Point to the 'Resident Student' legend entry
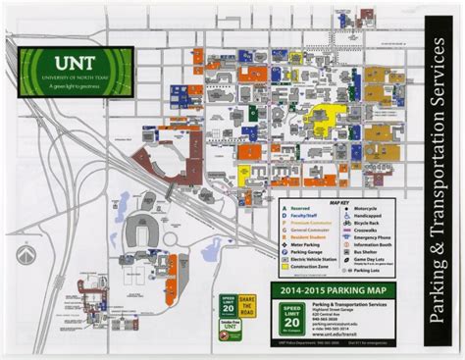click(x=306, y=236)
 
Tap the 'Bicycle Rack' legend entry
click(x=365, y=223)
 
